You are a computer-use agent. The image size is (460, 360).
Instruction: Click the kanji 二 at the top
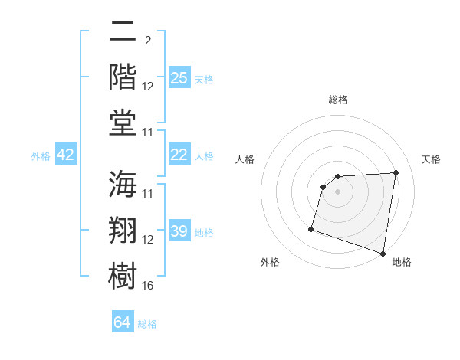tap(123, 34)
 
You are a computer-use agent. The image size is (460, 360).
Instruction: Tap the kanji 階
tap(123, 77)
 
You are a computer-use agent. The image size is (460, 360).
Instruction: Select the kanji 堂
tap(123, 122)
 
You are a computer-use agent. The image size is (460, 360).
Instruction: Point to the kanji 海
tap(123, 186)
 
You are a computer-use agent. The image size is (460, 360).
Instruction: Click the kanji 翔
tap(123, 231)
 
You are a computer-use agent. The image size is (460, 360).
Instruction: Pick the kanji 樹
tap(123, 275)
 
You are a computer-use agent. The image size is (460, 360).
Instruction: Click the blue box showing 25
tap(179, 78)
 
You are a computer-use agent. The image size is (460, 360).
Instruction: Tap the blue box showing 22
tap(179, 155)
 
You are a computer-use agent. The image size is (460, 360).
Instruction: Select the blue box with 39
tap(179, 232)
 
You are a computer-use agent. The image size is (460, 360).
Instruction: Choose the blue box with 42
tap(66, 155)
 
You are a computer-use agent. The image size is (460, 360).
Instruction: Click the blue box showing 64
tap(123, 323)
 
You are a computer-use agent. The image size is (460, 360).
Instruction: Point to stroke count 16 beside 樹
tap(148, 286)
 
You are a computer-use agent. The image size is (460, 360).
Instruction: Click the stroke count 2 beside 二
tap(147, 41)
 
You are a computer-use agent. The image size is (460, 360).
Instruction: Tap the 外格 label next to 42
tap(41, 156)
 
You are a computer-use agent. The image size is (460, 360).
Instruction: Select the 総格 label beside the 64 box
tap(147, 324)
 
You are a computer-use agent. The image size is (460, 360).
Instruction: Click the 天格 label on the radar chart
tap(431, 159)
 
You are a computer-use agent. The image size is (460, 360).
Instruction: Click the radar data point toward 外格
tap(311, 229)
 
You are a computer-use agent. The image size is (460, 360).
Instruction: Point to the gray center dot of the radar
tap(337, 191)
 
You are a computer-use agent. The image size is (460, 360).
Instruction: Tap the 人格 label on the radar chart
tap(245, 159)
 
